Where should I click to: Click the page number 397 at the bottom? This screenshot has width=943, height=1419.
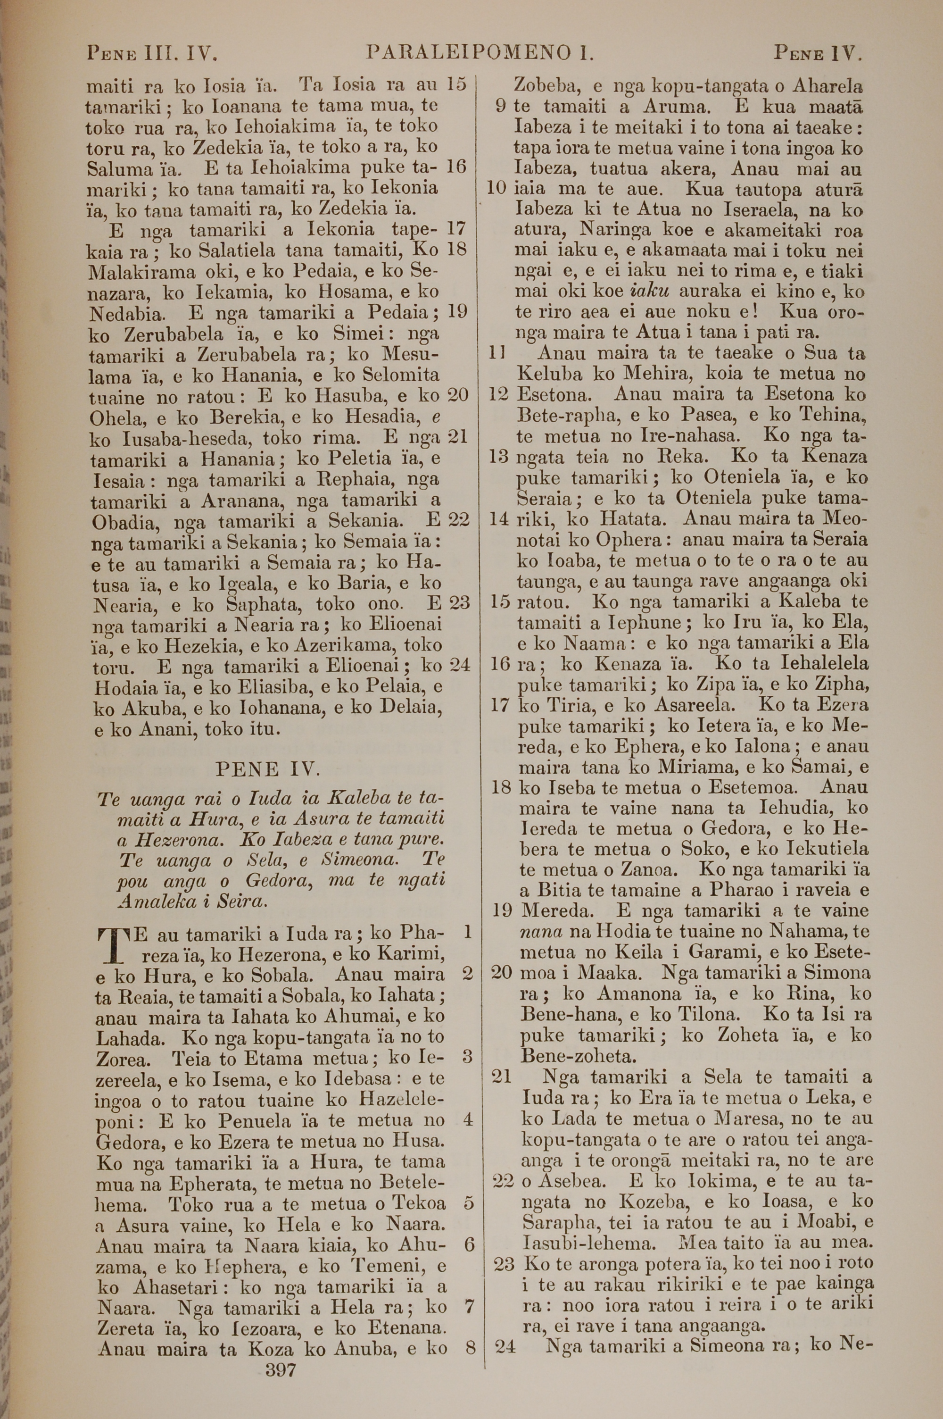pos(281,1366)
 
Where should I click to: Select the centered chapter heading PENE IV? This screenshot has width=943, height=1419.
pos(268,769)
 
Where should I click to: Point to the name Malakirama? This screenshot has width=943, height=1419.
pos(142,272)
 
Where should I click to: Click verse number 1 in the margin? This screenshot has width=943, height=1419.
pos(467,932)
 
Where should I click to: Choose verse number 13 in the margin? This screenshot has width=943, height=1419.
pos(499,456)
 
